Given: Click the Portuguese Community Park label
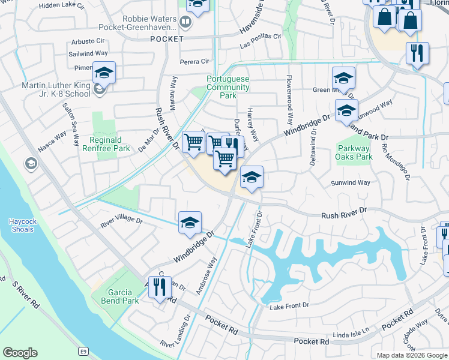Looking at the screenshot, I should click(x=228, y=87).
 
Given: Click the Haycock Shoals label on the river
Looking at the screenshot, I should click(x=23, y=224).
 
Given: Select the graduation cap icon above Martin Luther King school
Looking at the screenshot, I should click(x=104, y=73).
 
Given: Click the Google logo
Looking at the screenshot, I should click(x=20, y=353).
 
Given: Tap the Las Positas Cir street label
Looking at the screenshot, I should click(x=261, y=36).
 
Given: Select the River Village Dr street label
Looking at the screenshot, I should click(x=122, y=221).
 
